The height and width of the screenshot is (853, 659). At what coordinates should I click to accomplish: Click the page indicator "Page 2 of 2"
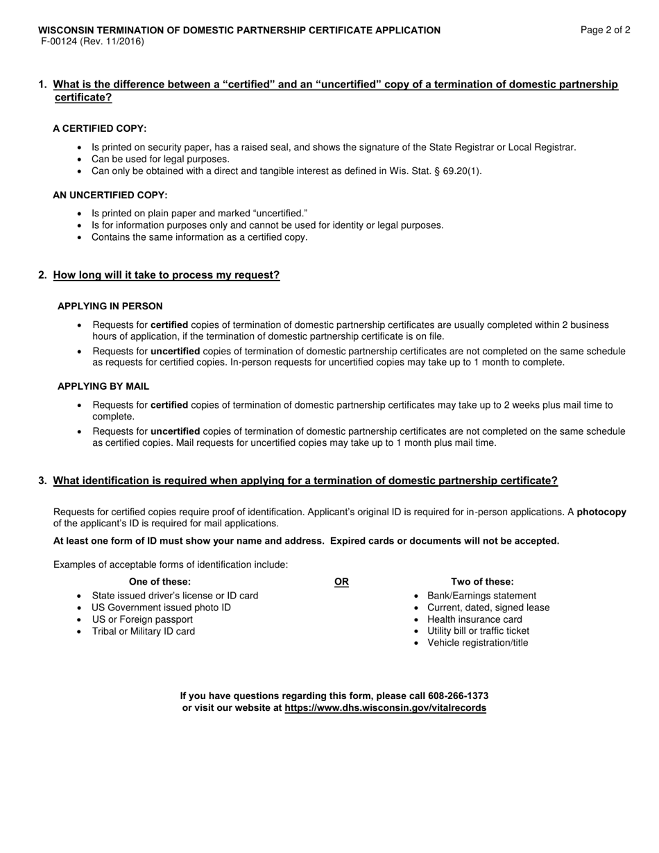[606, 30]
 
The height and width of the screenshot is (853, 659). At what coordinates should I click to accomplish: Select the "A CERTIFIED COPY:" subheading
[99, 129]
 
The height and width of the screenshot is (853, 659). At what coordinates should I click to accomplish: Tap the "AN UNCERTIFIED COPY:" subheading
[110, 196]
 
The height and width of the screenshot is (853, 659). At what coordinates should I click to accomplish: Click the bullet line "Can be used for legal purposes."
[160, 159]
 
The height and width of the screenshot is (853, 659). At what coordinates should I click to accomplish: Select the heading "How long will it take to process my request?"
[166, 275]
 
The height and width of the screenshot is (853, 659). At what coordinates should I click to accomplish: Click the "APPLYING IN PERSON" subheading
[110, 306]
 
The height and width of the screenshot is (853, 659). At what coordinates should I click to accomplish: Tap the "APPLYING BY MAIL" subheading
[103, 386]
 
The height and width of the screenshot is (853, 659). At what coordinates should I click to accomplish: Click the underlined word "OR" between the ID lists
[341, 582]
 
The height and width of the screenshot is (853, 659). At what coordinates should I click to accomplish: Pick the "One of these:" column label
[160, 582]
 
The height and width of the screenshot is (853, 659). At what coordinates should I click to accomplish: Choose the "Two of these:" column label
[482, 582]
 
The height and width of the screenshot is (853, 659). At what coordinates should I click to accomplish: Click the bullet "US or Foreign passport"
[142, 619]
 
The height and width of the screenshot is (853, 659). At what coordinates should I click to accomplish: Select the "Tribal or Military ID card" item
[143, 631]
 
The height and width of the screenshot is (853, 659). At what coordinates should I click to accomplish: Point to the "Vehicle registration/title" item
[477, 643]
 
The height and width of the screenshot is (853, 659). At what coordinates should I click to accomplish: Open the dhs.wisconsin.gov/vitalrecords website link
[385, 708]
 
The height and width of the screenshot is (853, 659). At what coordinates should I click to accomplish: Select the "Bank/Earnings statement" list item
[481, 596]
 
